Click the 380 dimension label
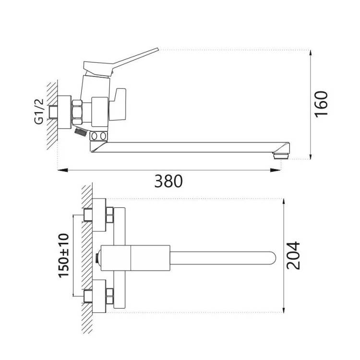(168, 181)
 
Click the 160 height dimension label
(322, 105)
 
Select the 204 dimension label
(293, 255)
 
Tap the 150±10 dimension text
(64, 255)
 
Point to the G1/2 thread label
(39, 111)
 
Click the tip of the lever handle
(158, 49)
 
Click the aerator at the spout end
(281, 156)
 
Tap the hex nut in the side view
(77, 112)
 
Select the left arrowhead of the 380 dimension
(62, 170)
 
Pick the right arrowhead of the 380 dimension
(275, 170)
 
